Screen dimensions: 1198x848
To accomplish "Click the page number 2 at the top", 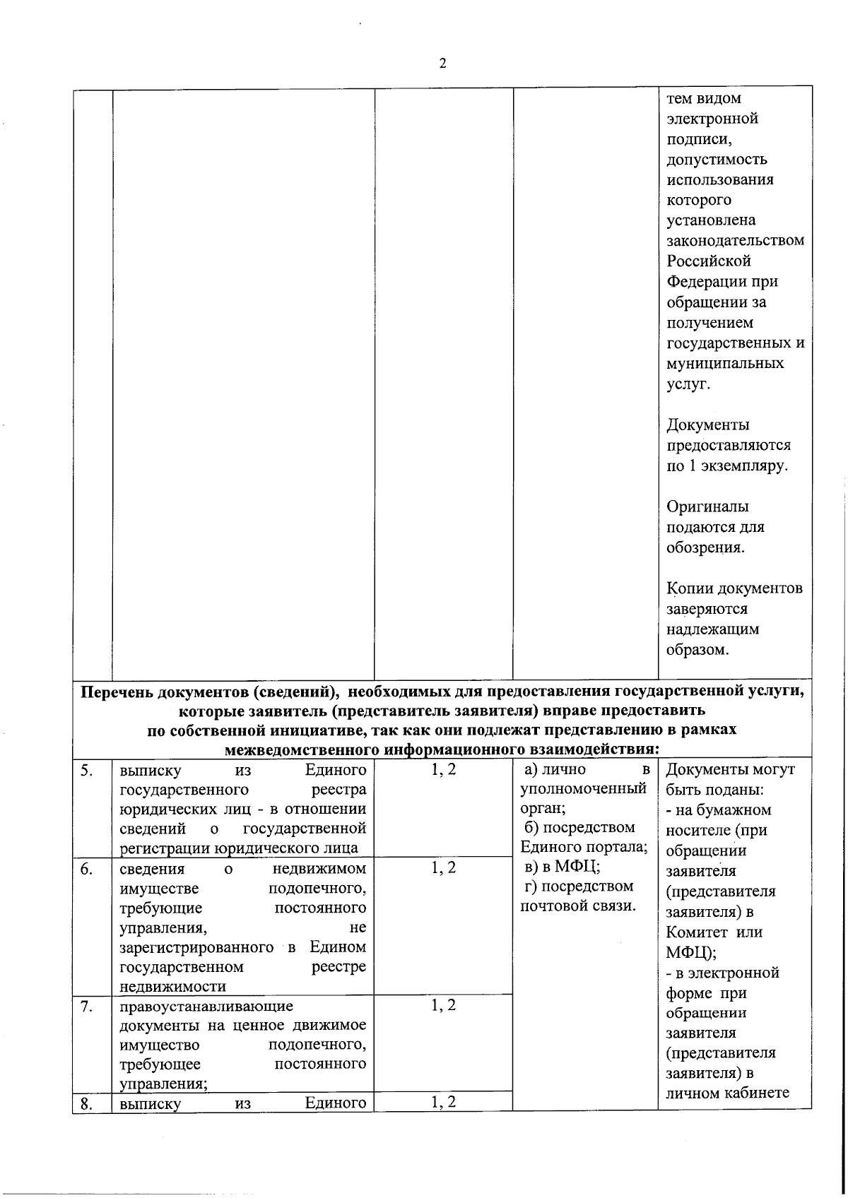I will coord(442,64).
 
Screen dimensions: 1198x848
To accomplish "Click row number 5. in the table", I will coord(86,770).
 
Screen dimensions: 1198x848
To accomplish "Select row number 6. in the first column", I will coord(86,868).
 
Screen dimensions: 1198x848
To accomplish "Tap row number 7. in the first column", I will coord(86,1006).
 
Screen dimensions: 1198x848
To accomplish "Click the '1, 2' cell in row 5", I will coord(444,770).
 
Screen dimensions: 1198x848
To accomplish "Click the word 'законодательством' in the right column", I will coord(735,240).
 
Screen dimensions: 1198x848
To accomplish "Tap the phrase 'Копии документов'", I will coord(734,588).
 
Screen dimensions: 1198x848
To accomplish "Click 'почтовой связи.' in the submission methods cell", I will coord(578,906).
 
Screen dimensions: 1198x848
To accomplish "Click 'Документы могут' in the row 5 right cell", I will coord(730,770).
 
